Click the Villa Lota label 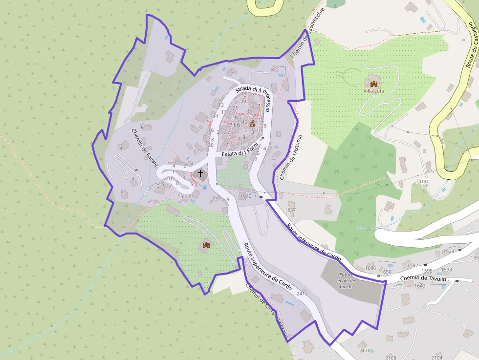coord(373,91)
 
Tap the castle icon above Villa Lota coord(374,84)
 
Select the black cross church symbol coord(199,173)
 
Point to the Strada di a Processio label coord(252,91)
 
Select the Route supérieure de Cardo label coord(267,267)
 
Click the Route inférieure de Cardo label coord(313,241)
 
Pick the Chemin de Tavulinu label coord(424,278)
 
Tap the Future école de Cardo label coord(346,280)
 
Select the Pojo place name coord(422,181)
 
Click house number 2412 coord(302,294)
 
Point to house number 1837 coord(290,210)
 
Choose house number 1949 coord(245,196)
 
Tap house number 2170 coord(365,350)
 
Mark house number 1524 coord(448,251)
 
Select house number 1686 coord(370,268)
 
